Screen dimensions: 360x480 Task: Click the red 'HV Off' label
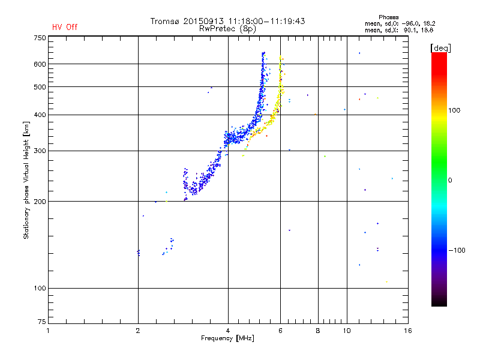[x=64, y=27]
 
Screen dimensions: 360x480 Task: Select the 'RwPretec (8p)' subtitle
[x=227, y=28]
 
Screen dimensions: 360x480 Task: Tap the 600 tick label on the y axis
[x=40, y=64]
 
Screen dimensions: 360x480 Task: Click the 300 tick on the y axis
[x=40, y=151]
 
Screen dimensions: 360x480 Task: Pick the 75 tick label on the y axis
[x=41, y=323]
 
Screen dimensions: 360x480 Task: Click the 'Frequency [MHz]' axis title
[x=227, y=338]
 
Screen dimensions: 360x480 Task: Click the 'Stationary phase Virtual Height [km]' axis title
[x=26, y=180]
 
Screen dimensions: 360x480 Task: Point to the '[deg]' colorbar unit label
[x=441, y=48]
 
